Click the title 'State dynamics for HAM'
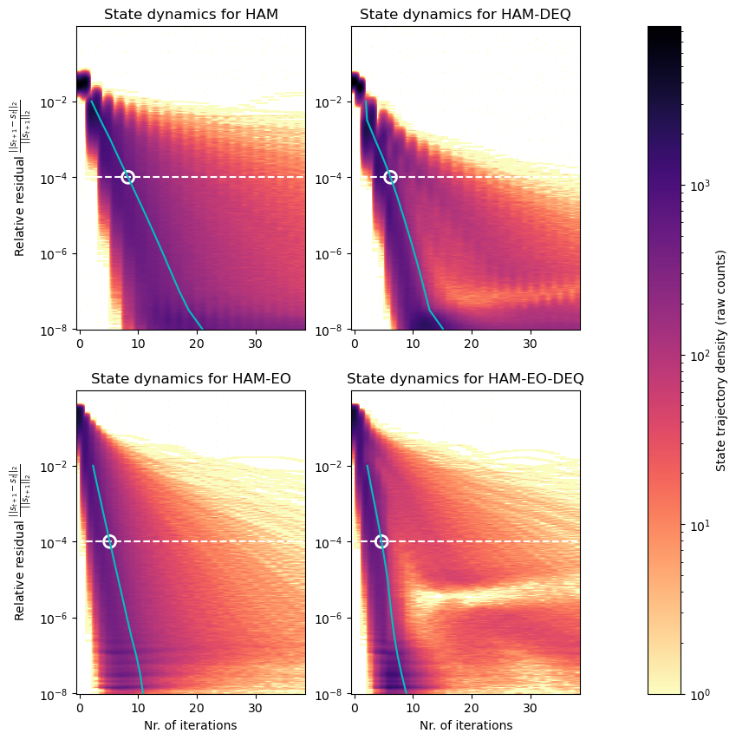(191, 15)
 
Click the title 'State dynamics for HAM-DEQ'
(466, 15)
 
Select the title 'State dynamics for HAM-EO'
(191, 379)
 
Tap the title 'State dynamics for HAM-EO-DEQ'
(466, 379)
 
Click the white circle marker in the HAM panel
(127, 177)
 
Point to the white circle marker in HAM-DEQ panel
(390, 177)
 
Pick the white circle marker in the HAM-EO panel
(109, 541)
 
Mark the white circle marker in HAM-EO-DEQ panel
(381, 541)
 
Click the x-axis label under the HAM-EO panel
(191, 725)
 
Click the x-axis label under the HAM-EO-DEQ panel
(466, 725)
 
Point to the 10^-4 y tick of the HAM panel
(57, 178)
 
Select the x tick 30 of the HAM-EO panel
(256, 708)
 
